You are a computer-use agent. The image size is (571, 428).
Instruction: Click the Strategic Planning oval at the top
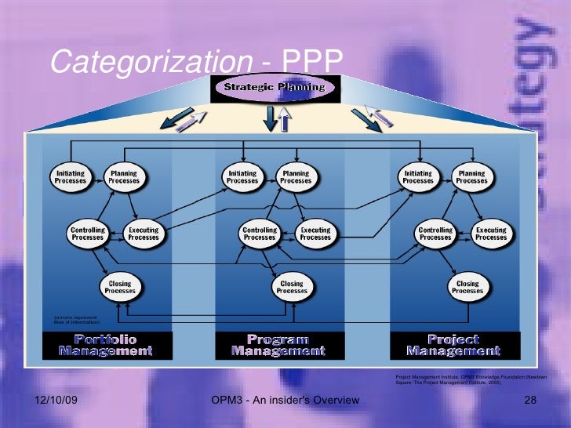click(274, 87)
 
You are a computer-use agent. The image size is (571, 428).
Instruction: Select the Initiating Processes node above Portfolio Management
click(71, 177)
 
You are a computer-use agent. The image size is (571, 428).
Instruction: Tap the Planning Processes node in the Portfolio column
click(124, 177)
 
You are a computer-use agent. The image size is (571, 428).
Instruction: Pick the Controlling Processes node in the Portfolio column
click(87, 234)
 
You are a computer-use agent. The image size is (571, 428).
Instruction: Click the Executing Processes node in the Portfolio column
click(144, 234)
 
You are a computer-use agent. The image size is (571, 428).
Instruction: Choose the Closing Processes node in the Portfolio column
click(120, 287)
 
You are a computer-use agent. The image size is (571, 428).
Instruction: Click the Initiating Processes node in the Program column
click(242, 177)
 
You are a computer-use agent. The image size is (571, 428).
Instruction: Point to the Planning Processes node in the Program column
click(296, 177)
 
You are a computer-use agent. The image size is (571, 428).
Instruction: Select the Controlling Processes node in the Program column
click(260, 234)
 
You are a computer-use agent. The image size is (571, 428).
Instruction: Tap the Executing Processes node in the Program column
click(315, 234)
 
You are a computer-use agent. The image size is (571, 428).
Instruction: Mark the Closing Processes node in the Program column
click(292, 287)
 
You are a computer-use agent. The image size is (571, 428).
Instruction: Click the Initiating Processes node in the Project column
click(418, 177)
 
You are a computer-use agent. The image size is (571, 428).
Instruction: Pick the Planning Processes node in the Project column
click(471, 177)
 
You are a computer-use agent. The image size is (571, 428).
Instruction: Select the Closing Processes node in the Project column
click(467, 287)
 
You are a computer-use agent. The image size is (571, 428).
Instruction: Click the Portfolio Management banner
click(106, 345)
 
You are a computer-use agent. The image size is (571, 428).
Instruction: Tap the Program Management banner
click(278, 345)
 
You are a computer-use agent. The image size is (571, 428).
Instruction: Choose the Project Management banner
click(454, 345)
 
